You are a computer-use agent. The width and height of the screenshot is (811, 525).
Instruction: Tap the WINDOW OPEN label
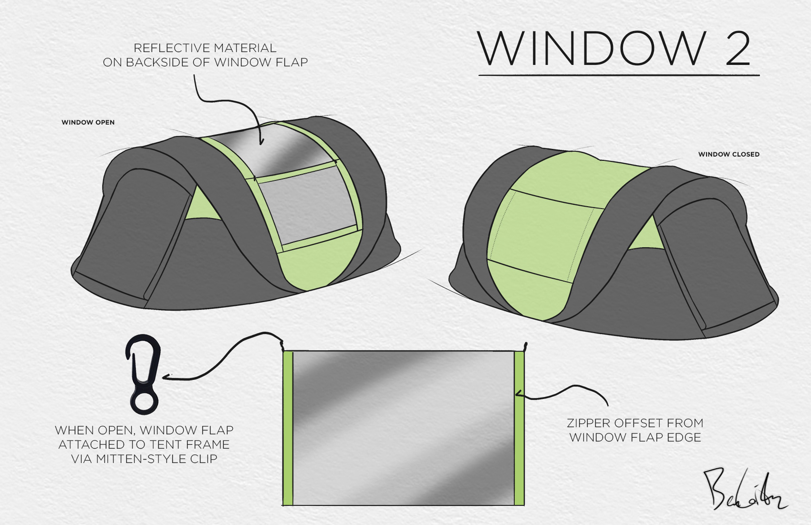[88, 122]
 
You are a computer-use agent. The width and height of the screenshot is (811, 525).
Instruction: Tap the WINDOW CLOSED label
[728, 154]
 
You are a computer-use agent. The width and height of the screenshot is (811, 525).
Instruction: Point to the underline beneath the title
[619, 75]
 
